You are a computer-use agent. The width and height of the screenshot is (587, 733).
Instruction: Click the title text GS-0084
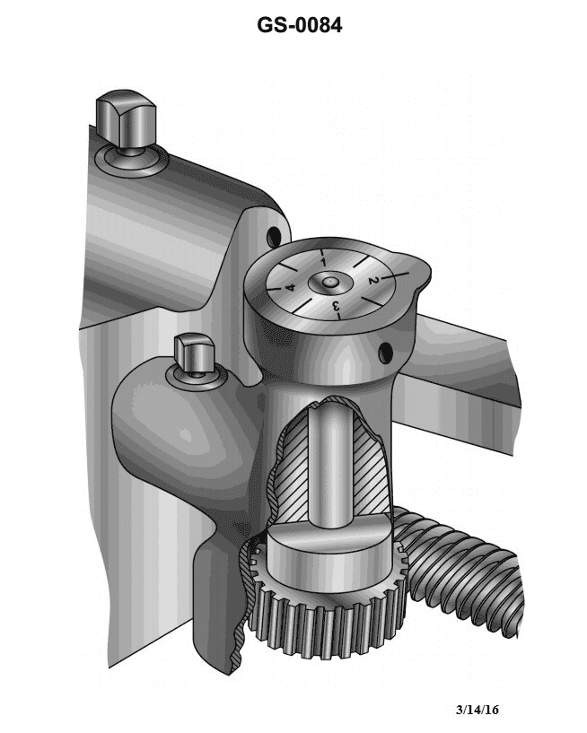[299, 26]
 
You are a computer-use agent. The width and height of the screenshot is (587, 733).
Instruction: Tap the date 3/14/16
[477, 710]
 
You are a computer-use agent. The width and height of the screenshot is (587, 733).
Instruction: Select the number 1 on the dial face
[322, 261]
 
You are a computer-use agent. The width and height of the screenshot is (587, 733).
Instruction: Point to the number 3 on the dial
[337, 308]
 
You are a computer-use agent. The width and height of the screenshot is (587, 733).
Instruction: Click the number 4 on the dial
[290, 288]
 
